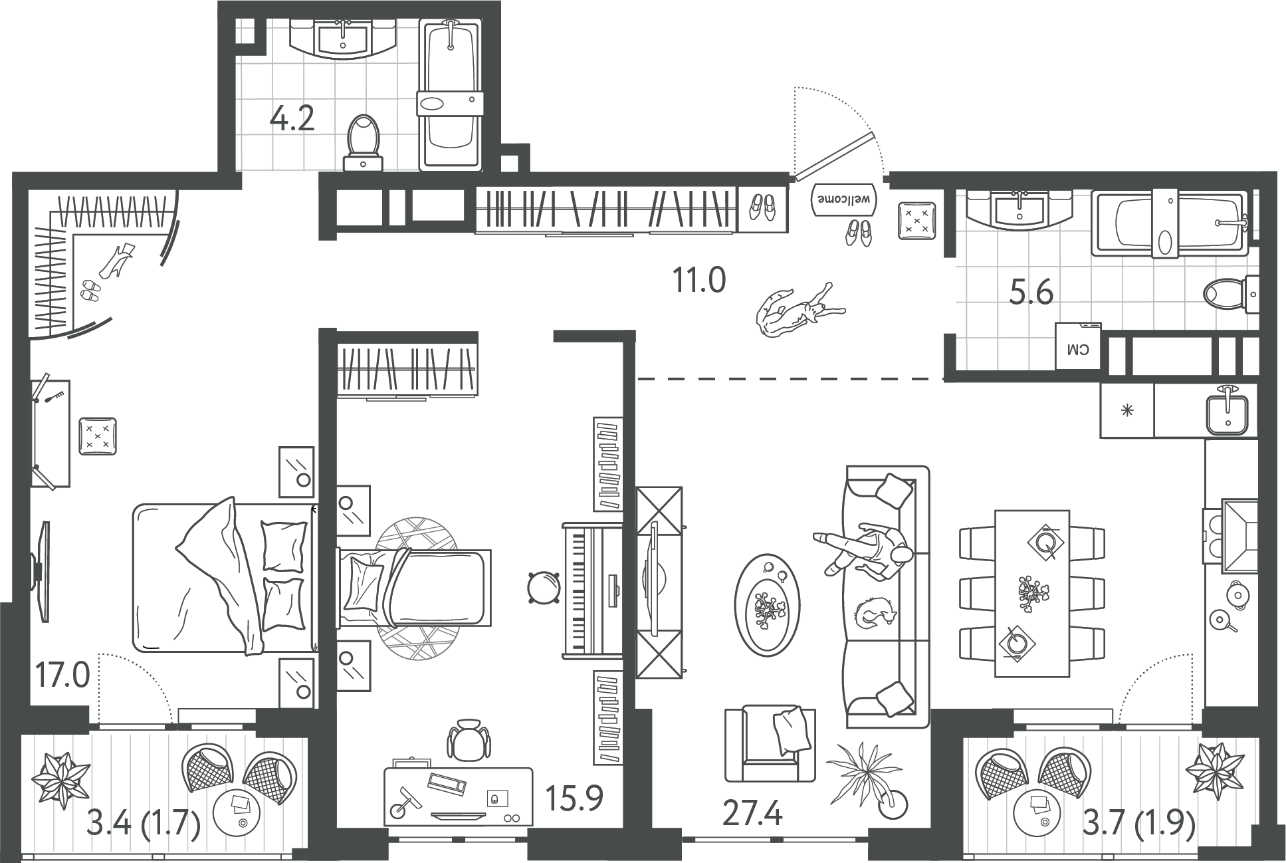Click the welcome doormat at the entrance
tap(844, 199)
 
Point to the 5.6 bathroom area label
tap(1031, 292)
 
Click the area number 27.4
tap(752, 813)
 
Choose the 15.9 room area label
tap(574, 798)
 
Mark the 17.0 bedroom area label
tap(62, 677)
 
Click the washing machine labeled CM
tap(1078, 346)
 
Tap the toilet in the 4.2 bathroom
tap(363, 142)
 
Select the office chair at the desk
tap(468, 739)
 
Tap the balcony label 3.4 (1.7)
tap(144, 827)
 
